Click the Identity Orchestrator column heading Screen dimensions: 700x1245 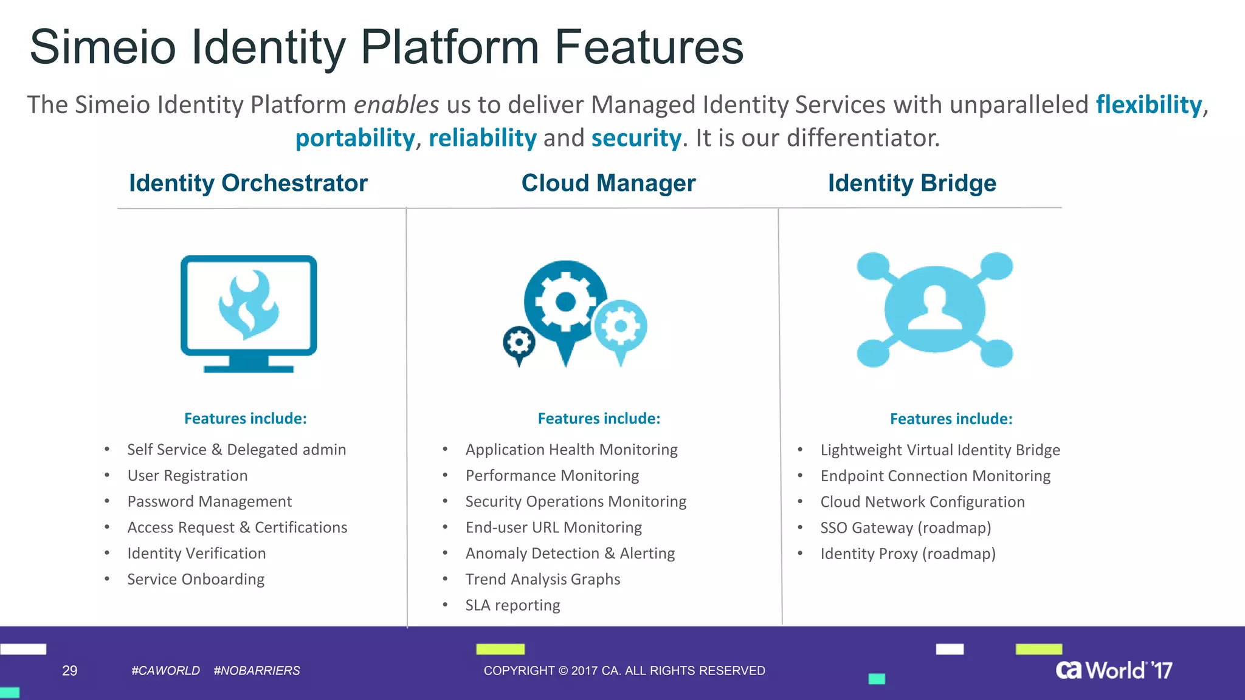pyautogui.click(x=248, y=183)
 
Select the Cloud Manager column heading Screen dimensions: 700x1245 pyautogui.click(x=608, y=183)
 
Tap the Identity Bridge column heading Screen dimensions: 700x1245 pyautogui.click(x=911, y=183)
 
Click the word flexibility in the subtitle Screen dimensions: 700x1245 pyautogui.click(x=1148, y=105)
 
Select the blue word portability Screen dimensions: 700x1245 pyautogui.click(x=354, y=138)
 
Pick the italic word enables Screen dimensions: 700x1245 pyautogui.click(x=396, y=105)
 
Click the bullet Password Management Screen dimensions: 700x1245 pyautogui.click(x=209, y=501)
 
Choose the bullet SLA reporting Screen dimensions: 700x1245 pyautogui.click(x=512, y=605)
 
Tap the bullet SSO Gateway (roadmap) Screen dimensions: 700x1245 pyautogui.click(x=905, y=527)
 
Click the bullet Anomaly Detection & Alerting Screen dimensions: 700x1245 pyautogui.click(x=570, y=554)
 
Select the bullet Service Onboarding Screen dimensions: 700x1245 pyautogui.click(x=196, y=579)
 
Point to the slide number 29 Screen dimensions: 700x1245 pyautogui.click(x=70, y=670)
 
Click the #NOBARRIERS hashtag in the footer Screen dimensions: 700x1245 pyautogui.click(x=257, y=670)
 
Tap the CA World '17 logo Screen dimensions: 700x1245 pyautogui.click(x=1113, y=670)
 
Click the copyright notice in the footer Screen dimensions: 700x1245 pyautogui.click(x=624, y=670)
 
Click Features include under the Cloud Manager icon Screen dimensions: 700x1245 pyautogui.click(x=598, y=419)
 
